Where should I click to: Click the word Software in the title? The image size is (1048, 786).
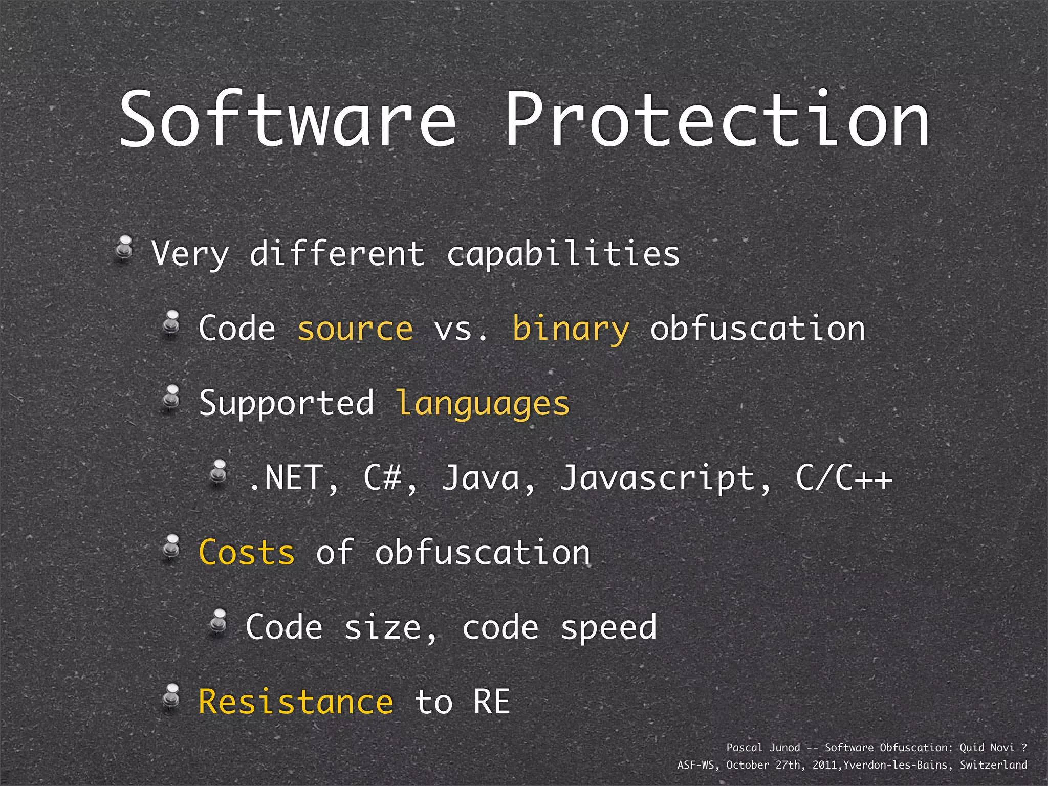click(x=288, y=120)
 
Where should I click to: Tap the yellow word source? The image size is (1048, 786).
click(x=355, y=329)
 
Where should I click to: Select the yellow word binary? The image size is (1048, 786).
click(x=571, y=329)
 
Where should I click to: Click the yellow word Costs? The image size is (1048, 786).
click(x=247, y=553)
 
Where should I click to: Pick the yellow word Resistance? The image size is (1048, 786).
click(x=296, y=702)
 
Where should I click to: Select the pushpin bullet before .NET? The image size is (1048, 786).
click(x=219, y=473)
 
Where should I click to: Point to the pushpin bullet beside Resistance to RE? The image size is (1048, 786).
click(x=171, y=696)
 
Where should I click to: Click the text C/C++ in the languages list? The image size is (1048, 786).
click(x=844, y=478)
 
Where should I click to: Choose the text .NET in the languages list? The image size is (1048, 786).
click(x=287, y=478)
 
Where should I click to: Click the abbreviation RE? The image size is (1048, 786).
click(x=492, y=702)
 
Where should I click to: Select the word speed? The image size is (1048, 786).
click(x=608, y=627)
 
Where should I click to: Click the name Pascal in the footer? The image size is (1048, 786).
click(x=745, y=748)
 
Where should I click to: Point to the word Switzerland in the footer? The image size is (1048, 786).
click(x=993, y=765)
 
